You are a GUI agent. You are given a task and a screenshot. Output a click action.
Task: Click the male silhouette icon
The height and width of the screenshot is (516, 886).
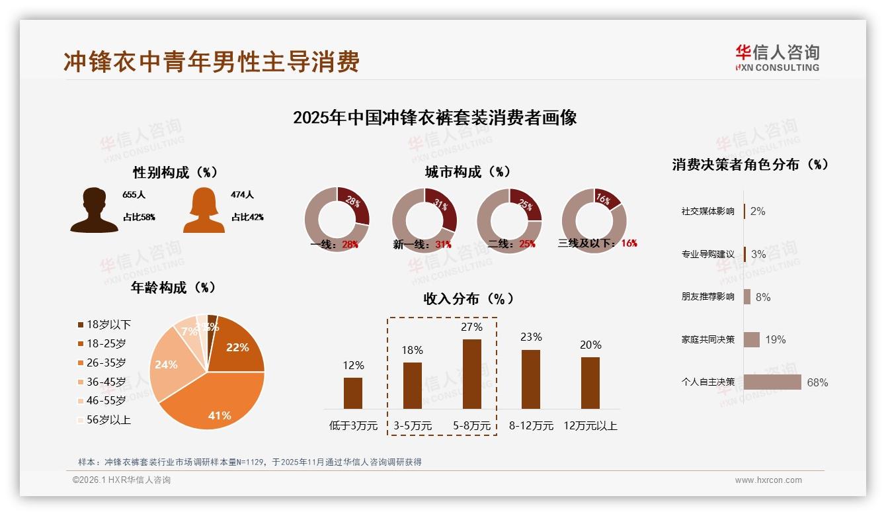(94, 210)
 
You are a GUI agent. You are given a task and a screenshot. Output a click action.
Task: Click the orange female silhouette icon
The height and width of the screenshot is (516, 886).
(204, 211)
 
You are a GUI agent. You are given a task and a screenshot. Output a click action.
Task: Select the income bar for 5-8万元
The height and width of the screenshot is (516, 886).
(471, 374)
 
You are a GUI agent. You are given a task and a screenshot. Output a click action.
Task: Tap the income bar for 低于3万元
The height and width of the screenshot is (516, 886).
(353, 393)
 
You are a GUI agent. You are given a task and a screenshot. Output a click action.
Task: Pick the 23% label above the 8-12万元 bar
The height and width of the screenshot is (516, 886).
(530, 337)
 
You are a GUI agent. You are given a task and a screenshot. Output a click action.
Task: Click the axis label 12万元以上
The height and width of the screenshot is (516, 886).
(590, 426)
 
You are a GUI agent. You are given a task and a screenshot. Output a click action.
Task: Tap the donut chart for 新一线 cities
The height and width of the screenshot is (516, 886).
(424, 220)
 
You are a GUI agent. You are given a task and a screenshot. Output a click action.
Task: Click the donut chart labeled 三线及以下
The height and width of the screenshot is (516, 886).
(594, 220)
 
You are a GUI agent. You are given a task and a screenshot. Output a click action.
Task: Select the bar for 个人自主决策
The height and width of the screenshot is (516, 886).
(772, 382)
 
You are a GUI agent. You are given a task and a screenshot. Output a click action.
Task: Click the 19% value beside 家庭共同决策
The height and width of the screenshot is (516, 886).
(776, 340)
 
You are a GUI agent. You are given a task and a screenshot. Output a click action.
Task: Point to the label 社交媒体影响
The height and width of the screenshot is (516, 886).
(707, 212)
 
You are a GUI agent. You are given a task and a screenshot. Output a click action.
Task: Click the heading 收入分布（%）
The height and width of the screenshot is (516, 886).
(468, 299)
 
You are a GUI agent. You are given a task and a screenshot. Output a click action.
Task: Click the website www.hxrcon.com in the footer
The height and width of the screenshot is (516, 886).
(768, 480)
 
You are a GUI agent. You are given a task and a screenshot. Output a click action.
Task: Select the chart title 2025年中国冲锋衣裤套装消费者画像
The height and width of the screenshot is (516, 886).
(434, 118)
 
